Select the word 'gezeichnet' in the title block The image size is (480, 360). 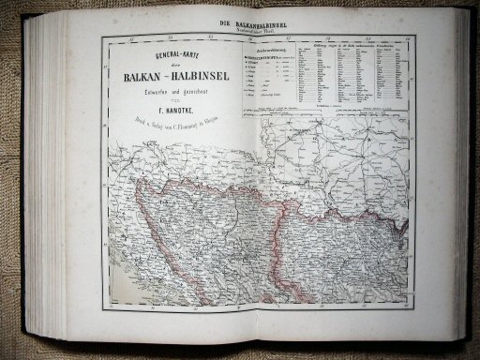pyautogui.click(x=190, y=98)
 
